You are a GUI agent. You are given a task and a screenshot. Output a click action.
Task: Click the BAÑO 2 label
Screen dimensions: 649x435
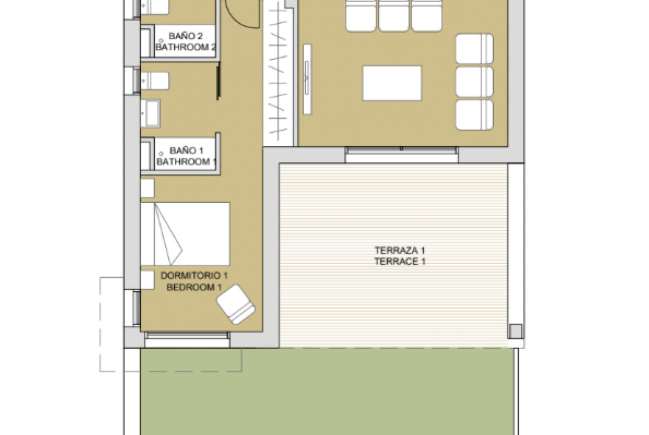[186, 36]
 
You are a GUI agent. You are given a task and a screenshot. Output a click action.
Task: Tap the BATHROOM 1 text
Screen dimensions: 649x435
[186, 162]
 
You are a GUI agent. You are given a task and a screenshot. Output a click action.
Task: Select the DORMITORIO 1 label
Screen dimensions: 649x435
[194, 275]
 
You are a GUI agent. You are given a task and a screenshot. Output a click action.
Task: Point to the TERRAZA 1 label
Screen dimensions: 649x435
[400, 250]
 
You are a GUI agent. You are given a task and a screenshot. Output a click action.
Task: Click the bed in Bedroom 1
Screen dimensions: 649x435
[185, 234]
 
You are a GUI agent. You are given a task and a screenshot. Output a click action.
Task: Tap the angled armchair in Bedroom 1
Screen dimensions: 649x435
[236, 304]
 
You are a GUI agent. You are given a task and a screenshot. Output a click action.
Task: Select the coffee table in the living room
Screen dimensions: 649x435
[392, 83]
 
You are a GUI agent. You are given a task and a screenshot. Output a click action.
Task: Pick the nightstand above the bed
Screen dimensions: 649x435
[148, 188]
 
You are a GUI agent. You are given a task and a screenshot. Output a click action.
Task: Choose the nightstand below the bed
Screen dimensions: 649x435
[148, 280]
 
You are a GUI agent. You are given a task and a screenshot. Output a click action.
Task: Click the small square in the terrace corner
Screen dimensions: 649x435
[515, 331]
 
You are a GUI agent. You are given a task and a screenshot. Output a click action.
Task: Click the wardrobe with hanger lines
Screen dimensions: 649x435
[278, 73]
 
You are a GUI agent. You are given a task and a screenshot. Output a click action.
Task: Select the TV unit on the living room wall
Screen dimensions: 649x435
[307, 79]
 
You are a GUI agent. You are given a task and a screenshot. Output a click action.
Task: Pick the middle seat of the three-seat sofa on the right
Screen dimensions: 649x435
[474, 82]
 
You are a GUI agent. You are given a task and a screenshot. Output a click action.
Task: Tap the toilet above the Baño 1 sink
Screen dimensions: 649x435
[155, 81]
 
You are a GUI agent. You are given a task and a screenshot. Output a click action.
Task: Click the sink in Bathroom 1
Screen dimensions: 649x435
[150, 113]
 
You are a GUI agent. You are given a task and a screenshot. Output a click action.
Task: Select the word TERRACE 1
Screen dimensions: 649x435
[400, 262]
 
